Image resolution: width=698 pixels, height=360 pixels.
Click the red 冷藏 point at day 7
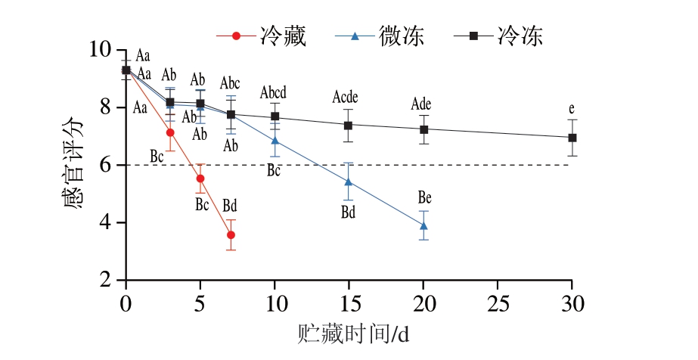[231, 235]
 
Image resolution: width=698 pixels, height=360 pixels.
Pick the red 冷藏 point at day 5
[200, 178]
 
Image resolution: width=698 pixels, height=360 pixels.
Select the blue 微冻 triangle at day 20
[423, 225]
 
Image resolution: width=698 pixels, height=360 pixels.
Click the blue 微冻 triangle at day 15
[349, 182]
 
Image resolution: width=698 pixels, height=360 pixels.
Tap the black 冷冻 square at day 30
[572, 138]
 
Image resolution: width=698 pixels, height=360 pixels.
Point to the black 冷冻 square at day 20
[423, 129]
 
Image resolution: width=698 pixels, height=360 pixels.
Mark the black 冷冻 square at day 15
[349, 126]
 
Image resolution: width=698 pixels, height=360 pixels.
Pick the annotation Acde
[346, 97]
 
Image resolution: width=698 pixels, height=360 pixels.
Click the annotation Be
[425, 198]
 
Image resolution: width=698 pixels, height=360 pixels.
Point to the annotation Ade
[421, 104]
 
